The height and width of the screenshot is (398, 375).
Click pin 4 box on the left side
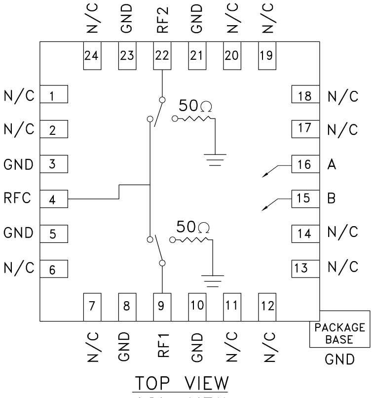coord(53,199)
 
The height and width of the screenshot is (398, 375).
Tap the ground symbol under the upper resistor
coord(215,159)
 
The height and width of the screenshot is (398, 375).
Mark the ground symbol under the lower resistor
coord(213,280)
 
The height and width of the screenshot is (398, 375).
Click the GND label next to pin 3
coord(18,164)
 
